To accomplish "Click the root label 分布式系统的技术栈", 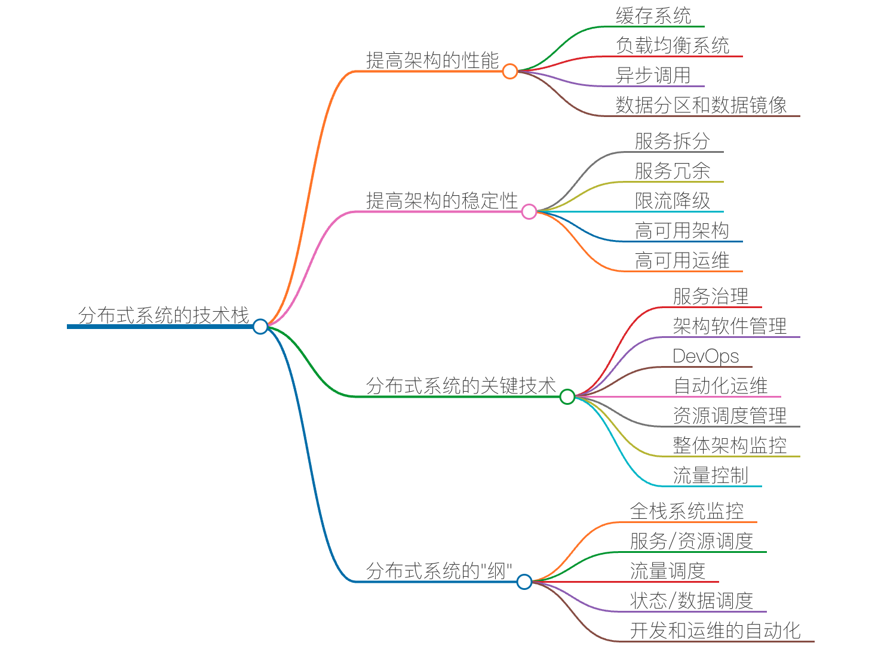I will click(x=163, y=315).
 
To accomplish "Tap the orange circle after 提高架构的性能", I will click(x=509, y=72).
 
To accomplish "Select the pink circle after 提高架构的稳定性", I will click(x=529, y=211).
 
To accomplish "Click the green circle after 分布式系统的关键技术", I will click(x=567, y=396).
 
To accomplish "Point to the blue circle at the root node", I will click(x=260, y=326).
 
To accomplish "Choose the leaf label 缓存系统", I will click(x=653, y=16).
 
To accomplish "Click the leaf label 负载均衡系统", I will click(x=673, y=45).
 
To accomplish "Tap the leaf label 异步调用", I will click(x=653, y=75).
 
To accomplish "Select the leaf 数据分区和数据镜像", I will click(x=701, y=105).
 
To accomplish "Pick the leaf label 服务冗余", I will click(x=673, y=171).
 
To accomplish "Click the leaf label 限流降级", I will click(x=673, y=201).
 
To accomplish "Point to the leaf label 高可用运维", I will click(x=682, y=260).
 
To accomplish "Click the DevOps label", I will click(x=706, y=356).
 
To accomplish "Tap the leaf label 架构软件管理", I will click(x=730, y=326).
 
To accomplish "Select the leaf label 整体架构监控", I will click(x=730, y=445).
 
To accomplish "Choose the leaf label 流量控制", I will click(x=711, y=475).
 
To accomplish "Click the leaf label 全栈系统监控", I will click(x=687, y=511).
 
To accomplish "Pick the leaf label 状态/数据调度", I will click(x=692, y=601).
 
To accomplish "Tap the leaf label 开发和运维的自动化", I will click(x=716, y=631).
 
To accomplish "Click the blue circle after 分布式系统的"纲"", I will click(x=524, y=582).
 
